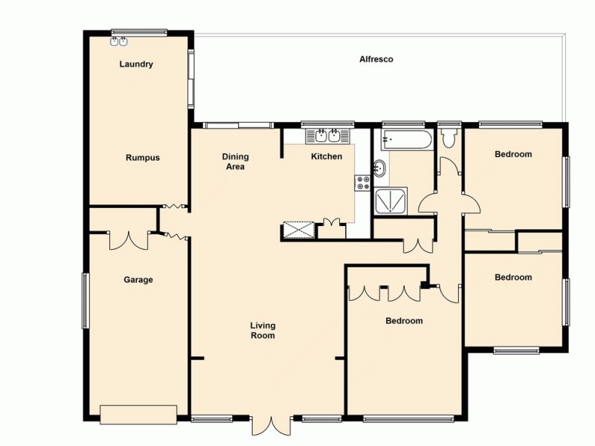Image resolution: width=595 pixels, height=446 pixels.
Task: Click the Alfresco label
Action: [x=376, y=59]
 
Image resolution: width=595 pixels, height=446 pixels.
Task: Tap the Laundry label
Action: [x=136, y=65]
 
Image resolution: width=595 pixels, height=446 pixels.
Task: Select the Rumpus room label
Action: [x=143, y=158]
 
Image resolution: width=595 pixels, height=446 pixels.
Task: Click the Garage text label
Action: [x=138, y=280]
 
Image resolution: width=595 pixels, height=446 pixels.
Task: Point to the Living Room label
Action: [x=263, y=331]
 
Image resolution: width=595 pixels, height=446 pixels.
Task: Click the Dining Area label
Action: [x=236, y=161]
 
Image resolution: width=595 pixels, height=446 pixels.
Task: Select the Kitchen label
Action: [x=327, y=157]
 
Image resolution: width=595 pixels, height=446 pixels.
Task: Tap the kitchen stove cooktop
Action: [x=364, y=183]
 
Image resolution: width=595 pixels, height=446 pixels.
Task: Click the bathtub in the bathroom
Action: [x=406, y=139]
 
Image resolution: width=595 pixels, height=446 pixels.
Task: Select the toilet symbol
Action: [x=448, y=138]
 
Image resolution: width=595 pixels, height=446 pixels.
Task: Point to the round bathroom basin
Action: [x=380, y=168]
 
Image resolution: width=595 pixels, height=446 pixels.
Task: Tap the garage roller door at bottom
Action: [x=138, y=414]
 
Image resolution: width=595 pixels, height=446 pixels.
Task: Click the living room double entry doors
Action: [x=271, y=426]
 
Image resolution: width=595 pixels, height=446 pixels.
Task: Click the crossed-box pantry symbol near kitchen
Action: [x=300, y=230]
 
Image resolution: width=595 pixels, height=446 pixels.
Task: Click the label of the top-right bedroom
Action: [x=513, y=155]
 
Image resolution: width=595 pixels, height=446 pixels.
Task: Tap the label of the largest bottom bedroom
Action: [x=404, y=321]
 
